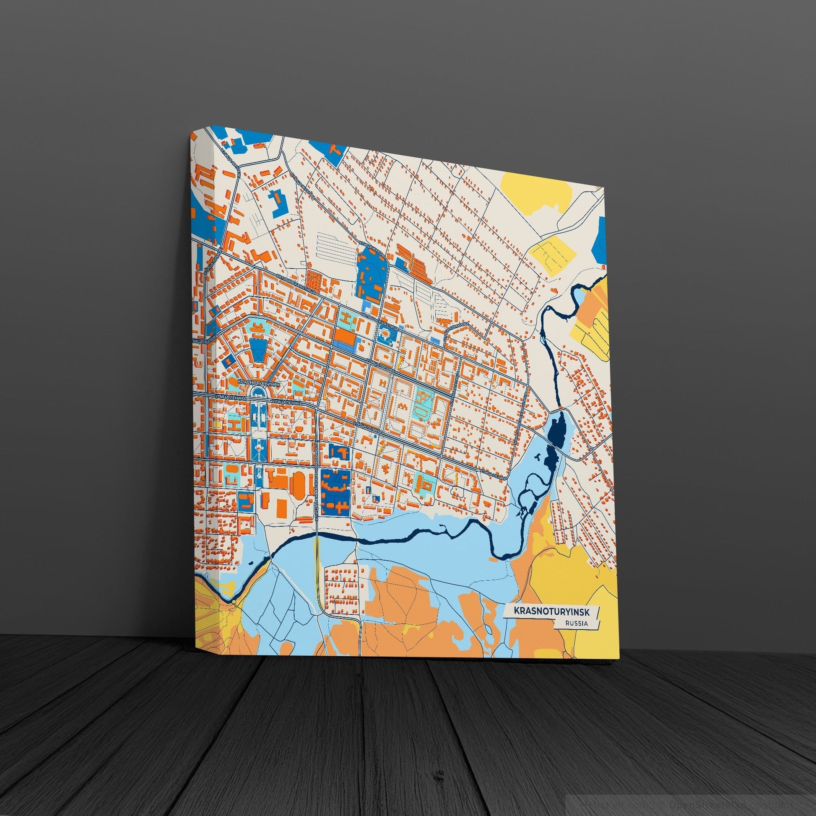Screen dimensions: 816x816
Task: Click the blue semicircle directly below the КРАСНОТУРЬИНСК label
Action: click(257, 392)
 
